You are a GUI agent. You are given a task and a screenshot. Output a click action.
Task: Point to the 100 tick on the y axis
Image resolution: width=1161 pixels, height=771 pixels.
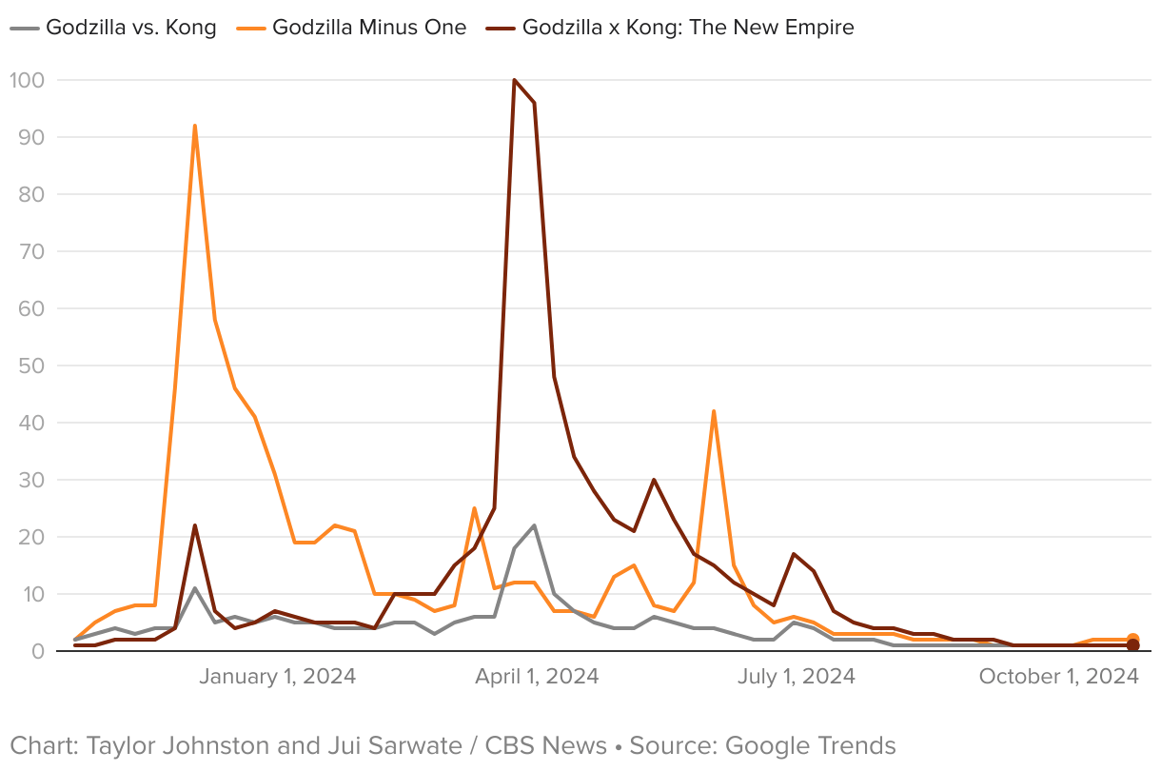click(x=28, y=80)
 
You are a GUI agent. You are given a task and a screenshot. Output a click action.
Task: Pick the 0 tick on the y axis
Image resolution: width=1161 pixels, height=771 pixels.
click(x=38, y=651)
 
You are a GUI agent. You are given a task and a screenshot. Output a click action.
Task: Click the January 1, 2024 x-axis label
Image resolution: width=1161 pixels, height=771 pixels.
click(x=277, y=677)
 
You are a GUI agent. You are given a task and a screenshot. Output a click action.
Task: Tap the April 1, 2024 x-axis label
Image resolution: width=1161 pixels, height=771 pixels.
click(x=537, y=677)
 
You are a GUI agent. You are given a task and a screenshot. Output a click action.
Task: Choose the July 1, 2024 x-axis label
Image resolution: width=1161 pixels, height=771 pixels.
click(x=797, y=677)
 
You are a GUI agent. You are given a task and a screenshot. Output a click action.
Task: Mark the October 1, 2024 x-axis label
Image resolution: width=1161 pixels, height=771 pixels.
click(x=1058, y=677)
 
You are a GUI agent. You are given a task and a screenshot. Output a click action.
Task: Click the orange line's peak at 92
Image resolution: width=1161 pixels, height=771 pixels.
click(x=194, y=126)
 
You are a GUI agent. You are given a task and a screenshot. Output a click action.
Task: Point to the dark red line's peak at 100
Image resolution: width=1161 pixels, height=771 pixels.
click(x=514, y=80)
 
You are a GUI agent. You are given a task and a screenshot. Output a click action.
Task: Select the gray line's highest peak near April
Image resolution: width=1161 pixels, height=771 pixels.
click(x=534, y=525)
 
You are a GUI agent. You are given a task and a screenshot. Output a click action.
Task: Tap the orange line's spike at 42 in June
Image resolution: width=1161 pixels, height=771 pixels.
click(x=714, y=411)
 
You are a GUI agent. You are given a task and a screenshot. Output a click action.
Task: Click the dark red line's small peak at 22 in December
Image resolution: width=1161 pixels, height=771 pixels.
click(x=194, y=525)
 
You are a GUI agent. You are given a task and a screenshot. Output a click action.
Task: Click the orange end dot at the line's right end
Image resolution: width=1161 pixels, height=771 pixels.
click(x=1132, y=640)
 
